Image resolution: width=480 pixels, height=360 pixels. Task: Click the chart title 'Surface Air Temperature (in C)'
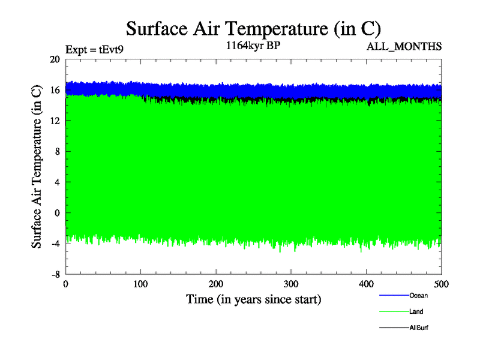click(x=253, y=28)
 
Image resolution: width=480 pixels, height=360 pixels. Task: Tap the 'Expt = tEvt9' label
click(x=95, y=50)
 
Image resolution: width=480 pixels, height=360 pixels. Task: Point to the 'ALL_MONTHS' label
click(x=404, y=47)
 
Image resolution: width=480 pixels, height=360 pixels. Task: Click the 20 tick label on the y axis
click(x=55, y=59)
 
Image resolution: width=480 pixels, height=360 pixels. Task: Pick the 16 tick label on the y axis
click(x=55, y=90)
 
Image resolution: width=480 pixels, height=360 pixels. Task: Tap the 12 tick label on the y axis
click(x=55, y=121)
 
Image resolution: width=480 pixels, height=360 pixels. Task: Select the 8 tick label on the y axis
click(x=57, y=151)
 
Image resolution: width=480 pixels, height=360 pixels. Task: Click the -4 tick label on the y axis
click(x=55, y=243)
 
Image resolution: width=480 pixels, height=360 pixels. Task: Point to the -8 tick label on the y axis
click(x=55, y=274)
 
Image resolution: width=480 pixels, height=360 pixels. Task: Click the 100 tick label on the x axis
click(x=140, y=284)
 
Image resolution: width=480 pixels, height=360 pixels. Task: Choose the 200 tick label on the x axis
click(x=216, y=284)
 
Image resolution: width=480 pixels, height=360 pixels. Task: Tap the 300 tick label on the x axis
click(x=291, y=284)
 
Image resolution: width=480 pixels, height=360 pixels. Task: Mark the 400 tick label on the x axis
click(x=366, y=284)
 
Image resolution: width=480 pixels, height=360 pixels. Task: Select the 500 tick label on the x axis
click(x=441, y=284)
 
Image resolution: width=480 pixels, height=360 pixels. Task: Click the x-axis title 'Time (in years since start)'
click(x=253, y=299)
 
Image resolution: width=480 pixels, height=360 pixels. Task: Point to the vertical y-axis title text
click(x=37, y=166)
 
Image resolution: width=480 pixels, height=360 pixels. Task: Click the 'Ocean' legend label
click(x=418, y=295)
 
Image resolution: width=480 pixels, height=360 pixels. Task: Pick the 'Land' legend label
click(x=416, y=311)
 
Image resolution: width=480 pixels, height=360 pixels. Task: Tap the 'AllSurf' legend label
click(x=419, y=328)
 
